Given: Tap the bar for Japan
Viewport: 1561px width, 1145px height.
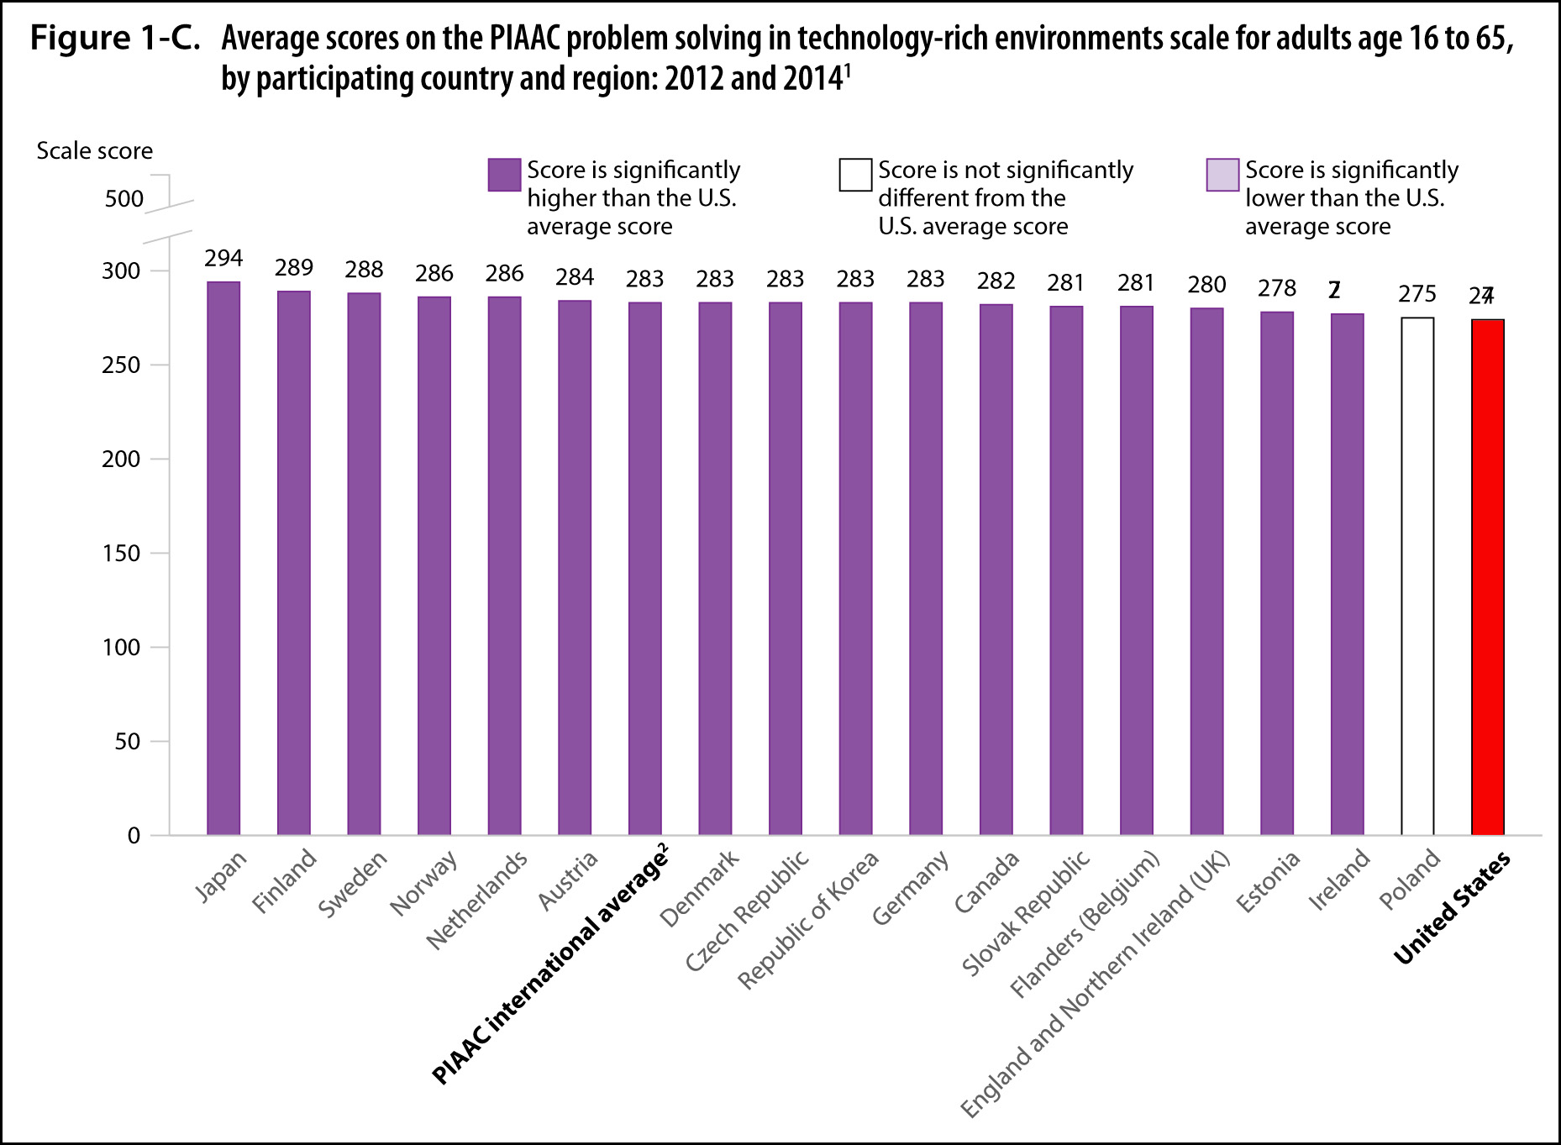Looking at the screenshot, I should click(223, 558).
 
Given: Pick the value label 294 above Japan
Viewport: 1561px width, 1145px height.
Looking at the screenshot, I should click(223, 258).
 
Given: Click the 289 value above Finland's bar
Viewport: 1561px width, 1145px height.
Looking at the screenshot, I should click(294, 268).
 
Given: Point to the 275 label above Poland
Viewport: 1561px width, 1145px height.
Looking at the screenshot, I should click(1417, 294).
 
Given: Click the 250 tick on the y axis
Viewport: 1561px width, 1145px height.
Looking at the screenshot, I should click(121, 365).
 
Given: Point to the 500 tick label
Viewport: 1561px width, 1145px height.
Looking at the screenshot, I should click(124, 199).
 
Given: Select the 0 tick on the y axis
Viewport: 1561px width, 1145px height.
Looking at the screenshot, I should click(134, 836).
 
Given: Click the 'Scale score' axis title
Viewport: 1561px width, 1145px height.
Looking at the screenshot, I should click(94, 151).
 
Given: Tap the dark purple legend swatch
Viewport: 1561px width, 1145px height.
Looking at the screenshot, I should click(504, 175).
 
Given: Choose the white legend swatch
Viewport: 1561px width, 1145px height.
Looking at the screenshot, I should click(855, 175).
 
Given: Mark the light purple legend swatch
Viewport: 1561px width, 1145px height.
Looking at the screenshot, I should click(1222, 175).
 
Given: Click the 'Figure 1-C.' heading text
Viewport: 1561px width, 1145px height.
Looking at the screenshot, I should click(115, 39).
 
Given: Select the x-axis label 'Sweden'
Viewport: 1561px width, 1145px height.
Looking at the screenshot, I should click(353, 884).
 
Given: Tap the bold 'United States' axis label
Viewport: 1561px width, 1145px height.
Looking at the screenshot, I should click(1452, 908).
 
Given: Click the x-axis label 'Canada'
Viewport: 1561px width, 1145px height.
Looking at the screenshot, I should click(987, 882).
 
